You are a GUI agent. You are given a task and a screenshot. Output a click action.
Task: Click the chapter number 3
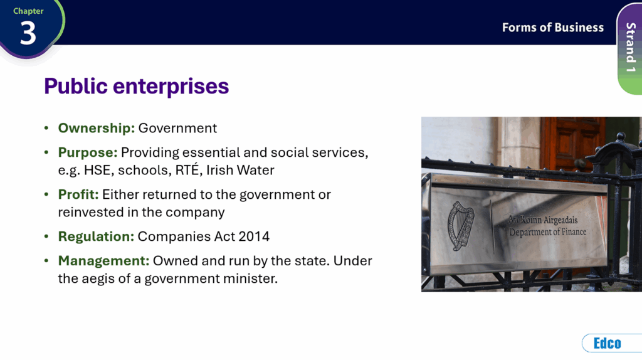(28, 33)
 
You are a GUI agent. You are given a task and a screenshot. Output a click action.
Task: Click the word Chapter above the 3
(28, 11)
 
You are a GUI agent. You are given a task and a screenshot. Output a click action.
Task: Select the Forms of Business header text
(553, 28)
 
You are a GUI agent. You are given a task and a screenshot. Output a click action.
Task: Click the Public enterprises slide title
(136, 86)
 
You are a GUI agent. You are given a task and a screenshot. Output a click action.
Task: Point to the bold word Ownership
(96, 128)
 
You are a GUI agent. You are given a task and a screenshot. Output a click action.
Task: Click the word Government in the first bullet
(177, 128)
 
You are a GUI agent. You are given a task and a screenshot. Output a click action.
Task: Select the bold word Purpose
(88, 153)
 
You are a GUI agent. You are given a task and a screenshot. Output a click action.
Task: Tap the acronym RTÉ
(187, 169)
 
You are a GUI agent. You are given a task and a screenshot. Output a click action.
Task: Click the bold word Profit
(78, 194)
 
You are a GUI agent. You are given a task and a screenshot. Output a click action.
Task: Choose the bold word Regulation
(96, 236)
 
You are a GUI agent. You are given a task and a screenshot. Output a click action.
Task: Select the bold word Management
(103, 261)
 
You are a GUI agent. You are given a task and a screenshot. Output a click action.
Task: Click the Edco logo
(607, 343)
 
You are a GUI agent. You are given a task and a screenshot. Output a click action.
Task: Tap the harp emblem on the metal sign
(461, 226)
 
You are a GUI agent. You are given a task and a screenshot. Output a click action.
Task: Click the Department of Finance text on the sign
(547, 232)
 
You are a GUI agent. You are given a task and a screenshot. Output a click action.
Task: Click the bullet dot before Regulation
(46, 236)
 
